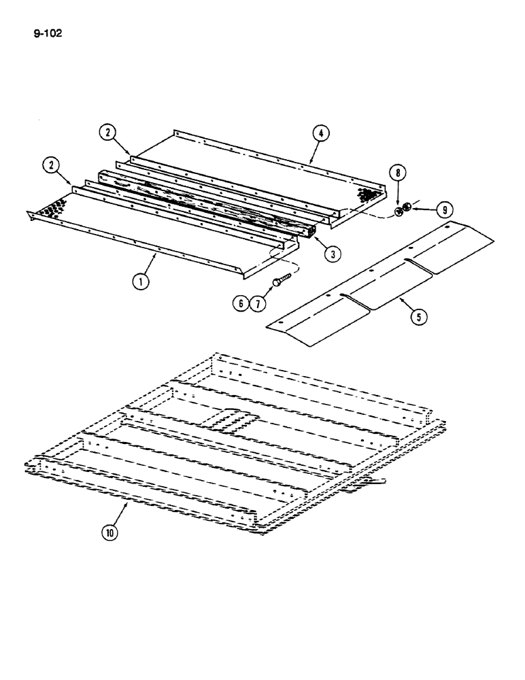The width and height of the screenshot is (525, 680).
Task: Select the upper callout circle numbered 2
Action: coord(106,133)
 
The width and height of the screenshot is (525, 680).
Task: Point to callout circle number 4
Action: coord(321,133)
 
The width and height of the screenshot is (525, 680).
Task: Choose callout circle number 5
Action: coord(420,317)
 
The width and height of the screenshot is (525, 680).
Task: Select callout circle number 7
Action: coord(258,303)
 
